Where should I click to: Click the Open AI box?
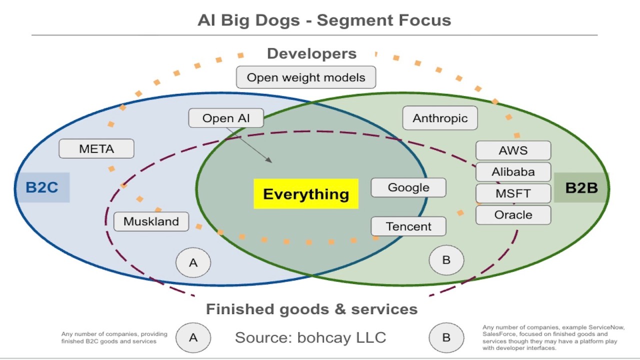pyautogui.click(x=226, y=118)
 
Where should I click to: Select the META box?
pyautogui.click(x=96, y=149)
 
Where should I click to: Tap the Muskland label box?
pyautogui.click(x=151, y=221)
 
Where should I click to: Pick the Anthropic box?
pyautogui.click(x=440, y=118)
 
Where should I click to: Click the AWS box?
pyautogui.click(x=513, y=150)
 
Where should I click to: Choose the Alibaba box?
pyautogui.click(x=513, y=172)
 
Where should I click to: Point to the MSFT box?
pyautogui.click(x=513, y=193)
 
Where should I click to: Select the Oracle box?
pyautogui.click(x=513, y=215)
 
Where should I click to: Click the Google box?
pyautogui.click(x=408, y=187)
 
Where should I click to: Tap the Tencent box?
pyautogui.click(x=408, y=226)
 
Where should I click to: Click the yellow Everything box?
pyautogui.click(x=306, y=194)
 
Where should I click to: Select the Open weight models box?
pyautogui.click(x=306, y=77)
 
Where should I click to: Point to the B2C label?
pyautogui.click(x=42, y=187)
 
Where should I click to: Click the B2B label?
pyautogui.click(x=581, y=187)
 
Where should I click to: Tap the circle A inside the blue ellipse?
pyautogui.click(x=193, y=262)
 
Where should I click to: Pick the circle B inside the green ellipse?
pyautogui.click(x=446, y=260)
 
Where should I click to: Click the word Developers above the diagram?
pyautogui.click(x=311, y=53)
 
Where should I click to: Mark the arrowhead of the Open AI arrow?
pyautogui.click(x=270, y=161)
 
